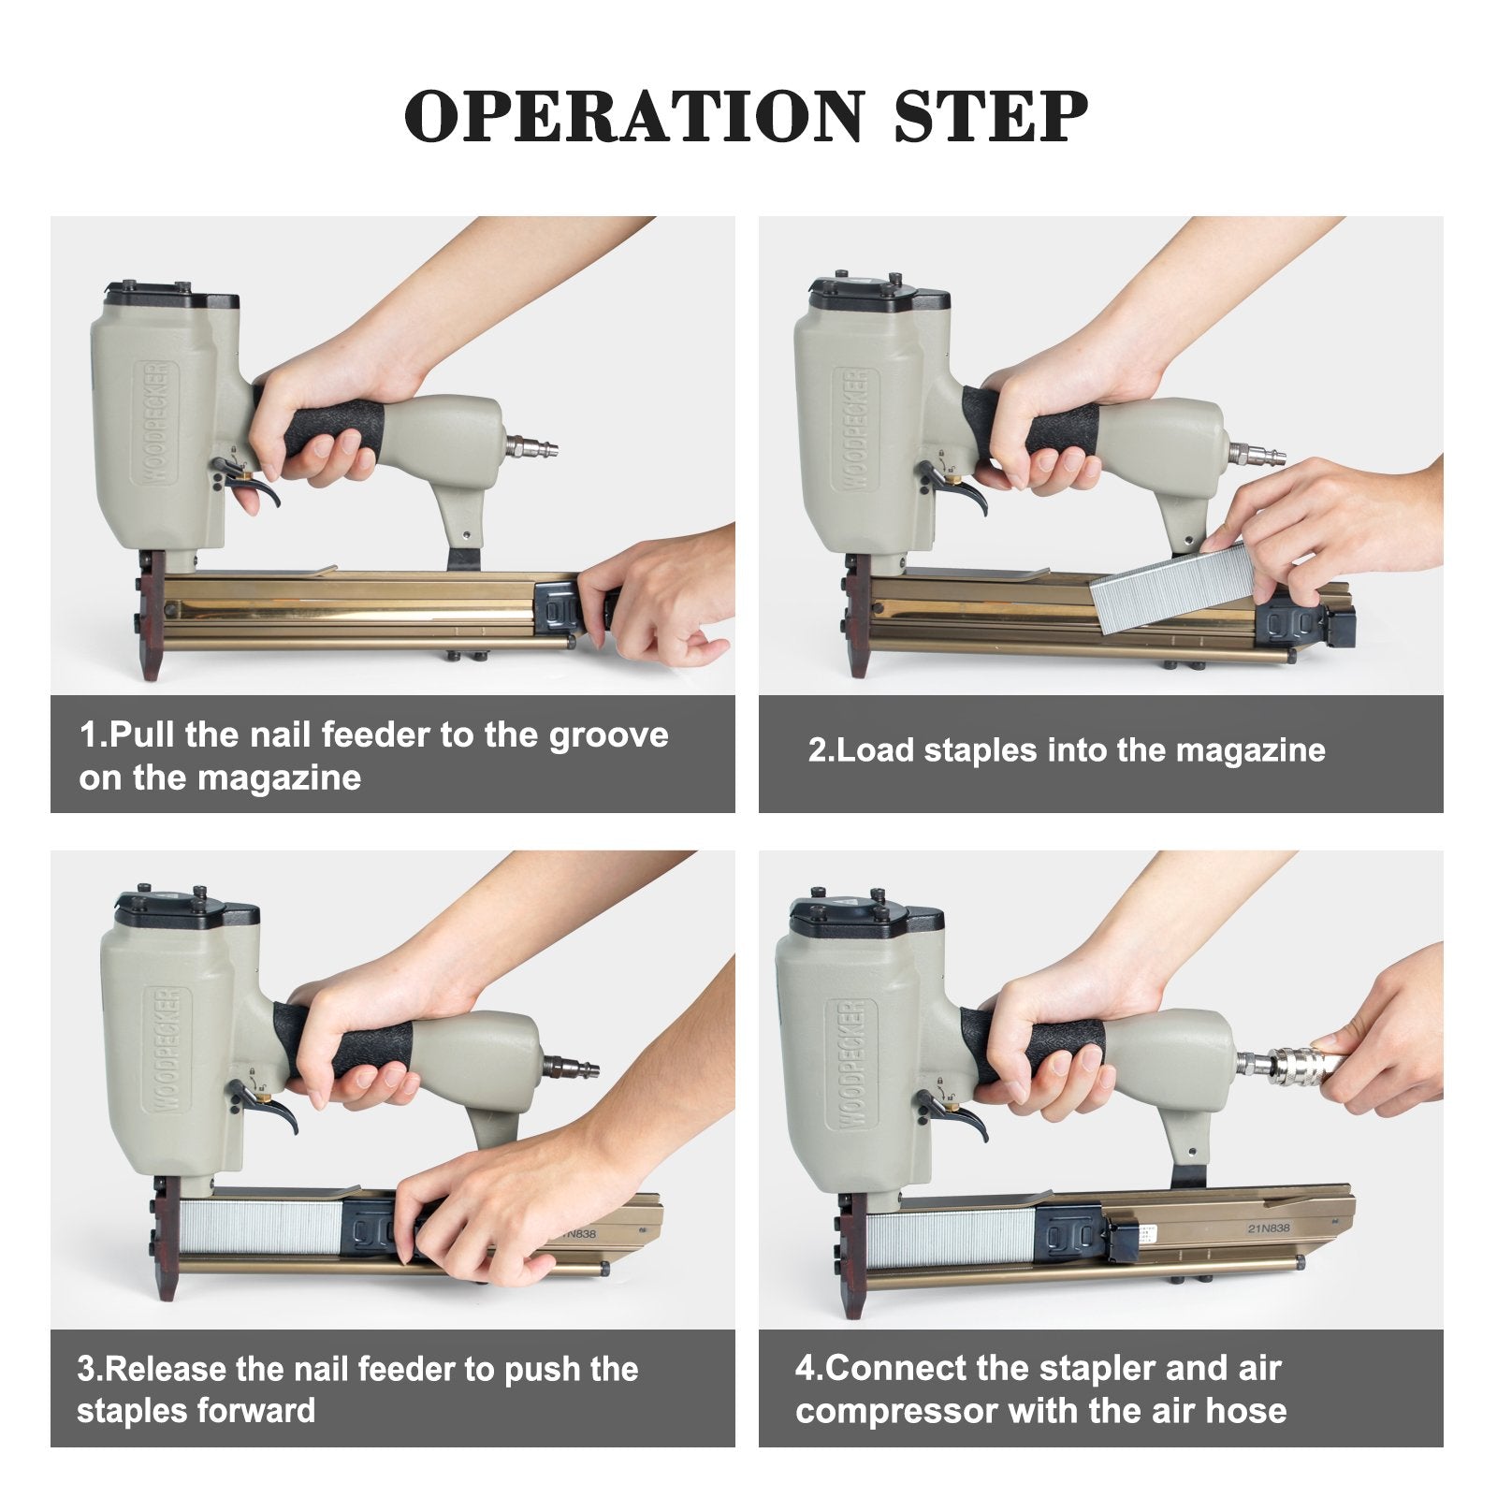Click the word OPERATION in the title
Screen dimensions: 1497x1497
[633, 116]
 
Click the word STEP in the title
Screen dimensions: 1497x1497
[991, 116]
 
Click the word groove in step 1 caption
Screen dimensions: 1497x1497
[608, 736]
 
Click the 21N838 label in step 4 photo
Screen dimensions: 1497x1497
[1268, 1228]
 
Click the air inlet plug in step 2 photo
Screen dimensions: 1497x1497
[1257, 456]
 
